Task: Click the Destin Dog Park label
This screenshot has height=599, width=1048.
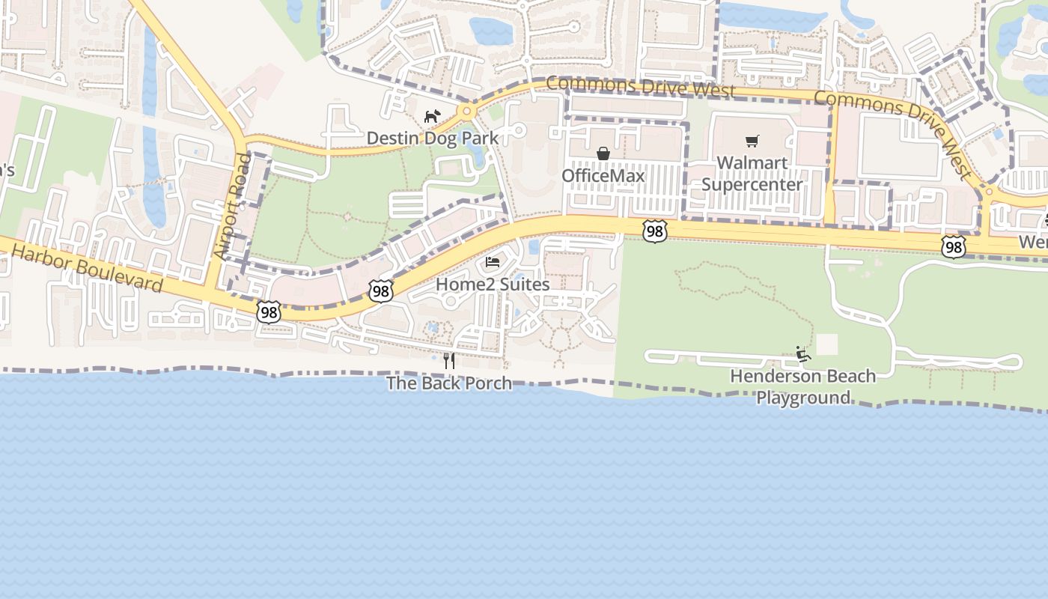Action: tap(432, 139)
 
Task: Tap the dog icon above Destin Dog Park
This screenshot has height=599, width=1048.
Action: tap(432, 116)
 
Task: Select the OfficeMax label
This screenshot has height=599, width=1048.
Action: tap(603, 175)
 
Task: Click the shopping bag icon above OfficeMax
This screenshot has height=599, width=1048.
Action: tap(603, 153)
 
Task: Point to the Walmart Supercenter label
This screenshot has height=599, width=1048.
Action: tap(752, 174)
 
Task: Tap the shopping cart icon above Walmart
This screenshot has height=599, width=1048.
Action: tap(752, 141)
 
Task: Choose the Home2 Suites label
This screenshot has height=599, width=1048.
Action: tap(493, 285)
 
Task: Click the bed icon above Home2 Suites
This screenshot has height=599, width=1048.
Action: tap(493, 262)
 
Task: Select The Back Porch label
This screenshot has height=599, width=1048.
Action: tap(449, 383)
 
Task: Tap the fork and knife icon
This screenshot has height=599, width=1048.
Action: tap(449, 360)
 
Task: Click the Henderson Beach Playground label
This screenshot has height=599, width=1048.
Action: tap(803, 386)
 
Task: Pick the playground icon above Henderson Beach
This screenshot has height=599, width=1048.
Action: tap(803, 354)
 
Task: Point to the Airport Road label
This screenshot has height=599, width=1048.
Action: tap(231, 207)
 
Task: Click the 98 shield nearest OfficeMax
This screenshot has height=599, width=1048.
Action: tap(654, 231)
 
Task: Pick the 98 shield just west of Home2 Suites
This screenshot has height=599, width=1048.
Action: tap(380, 291)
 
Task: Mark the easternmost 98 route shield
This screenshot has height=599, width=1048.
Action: tap(953, 246)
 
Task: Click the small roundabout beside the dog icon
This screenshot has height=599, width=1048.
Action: tap(467, 112)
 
